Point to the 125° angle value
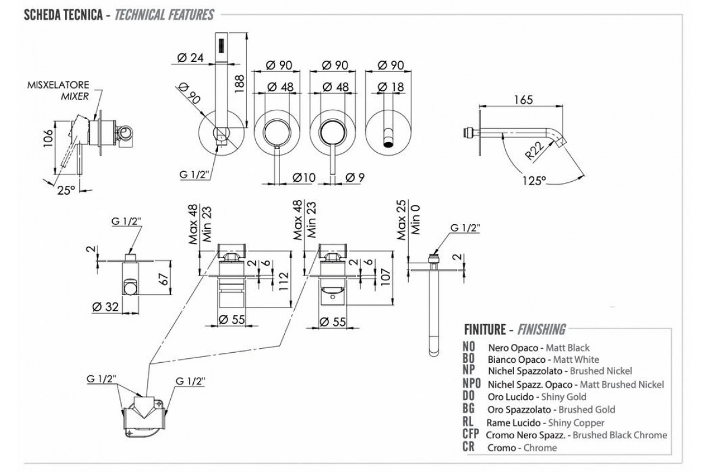pyautogui.click(x=535, y=181)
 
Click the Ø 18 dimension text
pyautogui.click(x=389, y=87)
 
